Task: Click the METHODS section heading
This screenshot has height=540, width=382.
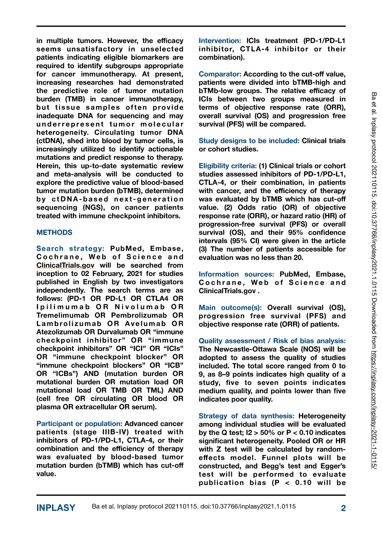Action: (54, 232)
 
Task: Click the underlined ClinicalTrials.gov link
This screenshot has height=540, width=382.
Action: (65, 265)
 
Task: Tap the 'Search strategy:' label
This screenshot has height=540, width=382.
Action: (70, 248)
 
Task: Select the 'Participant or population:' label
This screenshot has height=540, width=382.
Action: (79, 424)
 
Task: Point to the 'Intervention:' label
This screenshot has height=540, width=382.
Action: (220, 41)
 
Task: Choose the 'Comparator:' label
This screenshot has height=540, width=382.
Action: (220, 74)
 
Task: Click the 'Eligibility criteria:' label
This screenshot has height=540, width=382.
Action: (227, 166)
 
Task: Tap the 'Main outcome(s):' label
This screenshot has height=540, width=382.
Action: (230, 307)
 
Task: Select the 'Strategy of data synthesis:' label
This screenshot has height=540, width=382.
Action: (246, 416)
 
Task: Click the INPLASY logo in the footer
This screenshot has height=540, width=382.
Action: (56, 508)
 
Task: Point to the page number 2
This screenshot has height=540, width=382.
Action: (343, 508)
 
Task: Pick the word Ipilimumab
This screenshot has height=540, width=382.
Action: (63, 307)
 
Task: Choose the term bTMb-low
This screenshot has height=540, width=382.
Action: (216, 91)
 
